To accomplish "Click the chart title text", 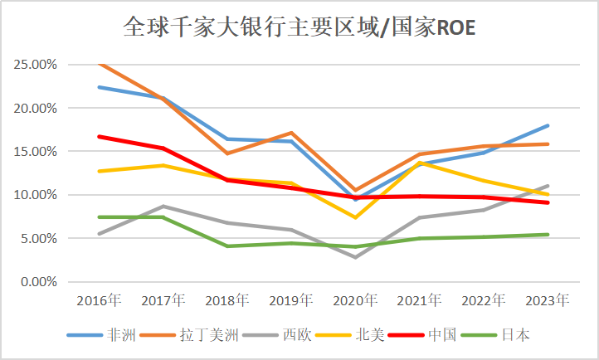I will coord(299,28).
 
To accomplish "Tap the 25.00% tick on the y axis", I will coord(34,65).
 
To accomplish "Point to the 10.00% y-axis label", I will coord(34,195).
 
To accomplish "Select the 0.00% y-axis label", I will coord(37,282).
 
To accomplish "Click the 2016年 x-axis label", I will coord(99,299).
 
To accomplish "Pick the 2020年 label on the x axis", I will coord(355,299).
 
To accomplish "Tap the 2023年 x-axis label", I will coord(548,299).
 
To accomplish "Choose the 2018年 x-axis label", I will coord(227,299).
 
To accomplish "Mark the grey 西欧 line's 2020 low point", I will coord(356,257).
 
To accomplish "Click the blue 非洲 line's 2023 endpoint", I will coord(548,126).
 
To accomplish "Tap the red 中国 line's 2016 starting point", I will coord(100,136).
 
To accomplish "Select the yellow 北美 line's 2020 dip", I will coord(356,217).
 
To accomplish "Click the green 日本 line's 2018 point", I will coord(227,246).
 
